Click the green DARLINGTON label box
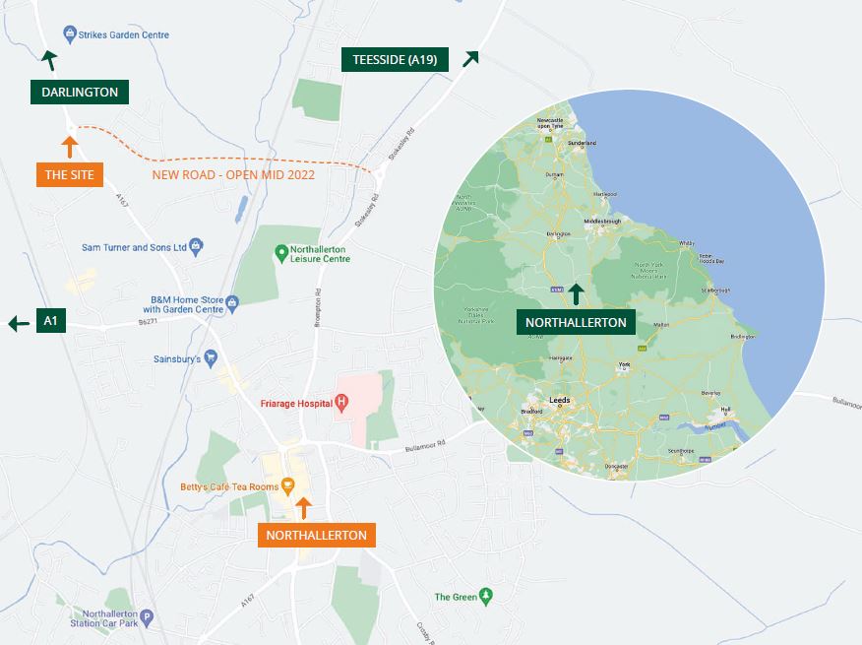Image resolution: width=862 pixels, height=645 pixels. (80, 93)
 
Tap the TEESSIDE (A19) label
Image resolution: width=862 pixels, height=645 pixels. (395, 60)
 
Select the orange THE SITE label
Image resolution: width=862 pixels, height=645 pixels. (70, 175)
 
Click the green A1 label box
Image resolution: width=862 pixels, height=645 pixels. (51, 321)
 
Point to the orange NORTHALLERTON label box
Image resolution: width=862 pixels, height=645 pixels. (316, 536)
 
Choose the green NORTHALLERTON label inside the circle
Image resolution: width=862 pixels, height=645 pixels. (576, 322)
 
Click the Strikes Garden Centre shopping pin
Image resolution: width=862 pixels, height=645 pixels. (70, 34)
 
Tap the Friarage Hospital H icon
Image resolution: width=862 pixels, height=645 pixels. (341, 402)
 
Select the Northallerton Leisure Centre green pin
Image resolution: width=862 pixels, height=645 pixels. (281, 253)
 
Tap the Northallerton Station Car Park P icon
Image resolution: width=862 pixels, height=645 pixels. (148, 618)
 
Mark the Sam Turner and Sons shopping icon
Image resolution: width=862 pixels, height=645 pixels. (196, 246)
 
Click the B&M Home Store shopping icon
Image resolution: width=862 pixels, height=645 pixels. (232, 302)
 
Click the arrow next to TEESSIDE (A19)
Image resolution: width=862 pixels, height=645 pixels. (470, 59)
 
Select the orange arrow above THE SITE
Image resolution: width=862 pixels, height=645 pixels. (69, 148)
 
